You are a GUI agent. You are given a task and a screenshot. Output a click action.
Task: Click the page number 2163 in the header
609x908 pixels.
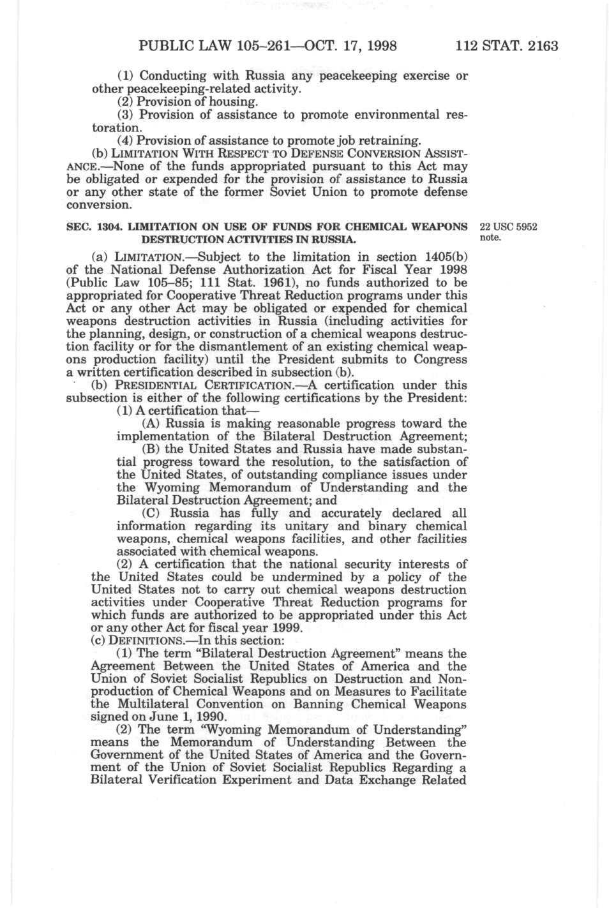click(541, 46)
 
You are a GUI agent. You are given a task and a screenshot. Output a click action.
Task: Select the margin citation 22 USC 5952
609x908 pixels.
click(507, 227)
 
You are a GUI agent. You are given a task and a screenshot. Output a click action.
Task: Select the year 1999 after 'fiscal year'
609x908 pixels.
click(285, 628)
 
